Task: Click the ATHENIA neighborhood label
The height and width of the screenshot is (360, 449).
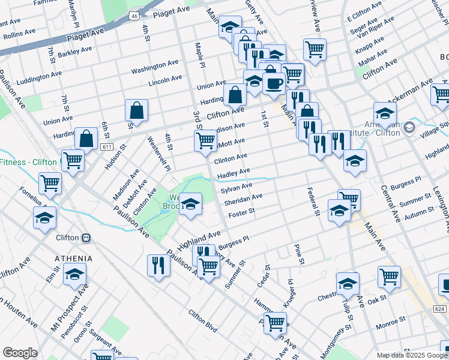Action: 74,259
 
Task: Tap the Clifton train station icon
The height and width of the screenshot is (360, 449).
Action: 86,238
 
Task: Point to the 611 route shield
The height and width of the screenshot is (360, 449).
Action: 107,146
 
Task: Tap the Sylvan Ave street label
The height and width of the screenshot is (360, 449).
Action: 236,188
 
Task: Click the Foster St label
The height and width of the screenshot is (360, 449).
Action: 243,211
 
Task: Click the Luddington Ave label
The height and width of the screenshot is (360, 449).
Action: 40,77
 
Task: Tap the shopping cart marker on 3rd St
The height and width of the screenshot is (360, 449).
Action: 206,141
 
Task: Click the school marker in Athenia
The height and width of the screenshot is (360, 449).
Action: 74,275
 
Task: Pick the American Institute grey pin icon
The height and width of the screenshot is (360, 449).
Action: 409,127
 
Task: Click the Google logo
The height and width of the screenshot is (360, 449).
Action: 20,353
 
